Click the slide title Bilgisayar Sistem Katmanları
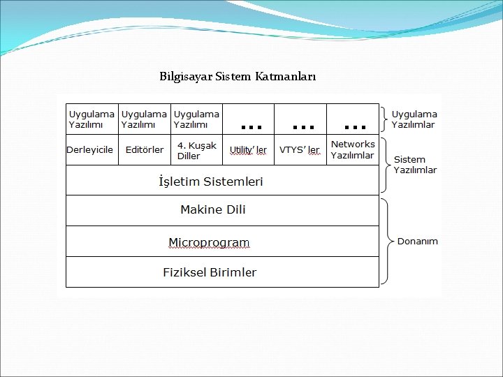click(238, 75)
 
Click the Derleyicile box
click(90, 150)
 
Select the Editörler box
click(145, 150)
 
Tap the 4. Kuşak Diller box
click(196, 150)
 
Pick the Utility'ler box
click(248, 150)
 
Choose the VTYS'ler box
click(300, 150)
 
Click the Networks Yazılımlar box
click(352, 149)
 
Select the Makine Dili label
click(213, 209)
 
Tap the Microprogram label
click(209, 242)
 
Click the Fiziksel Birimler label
click(210, 272)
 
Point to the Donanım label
click(418, 242)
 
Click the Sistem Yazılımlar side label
click(415, 165)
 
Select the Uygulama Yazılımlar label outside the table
click(414, 119)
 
